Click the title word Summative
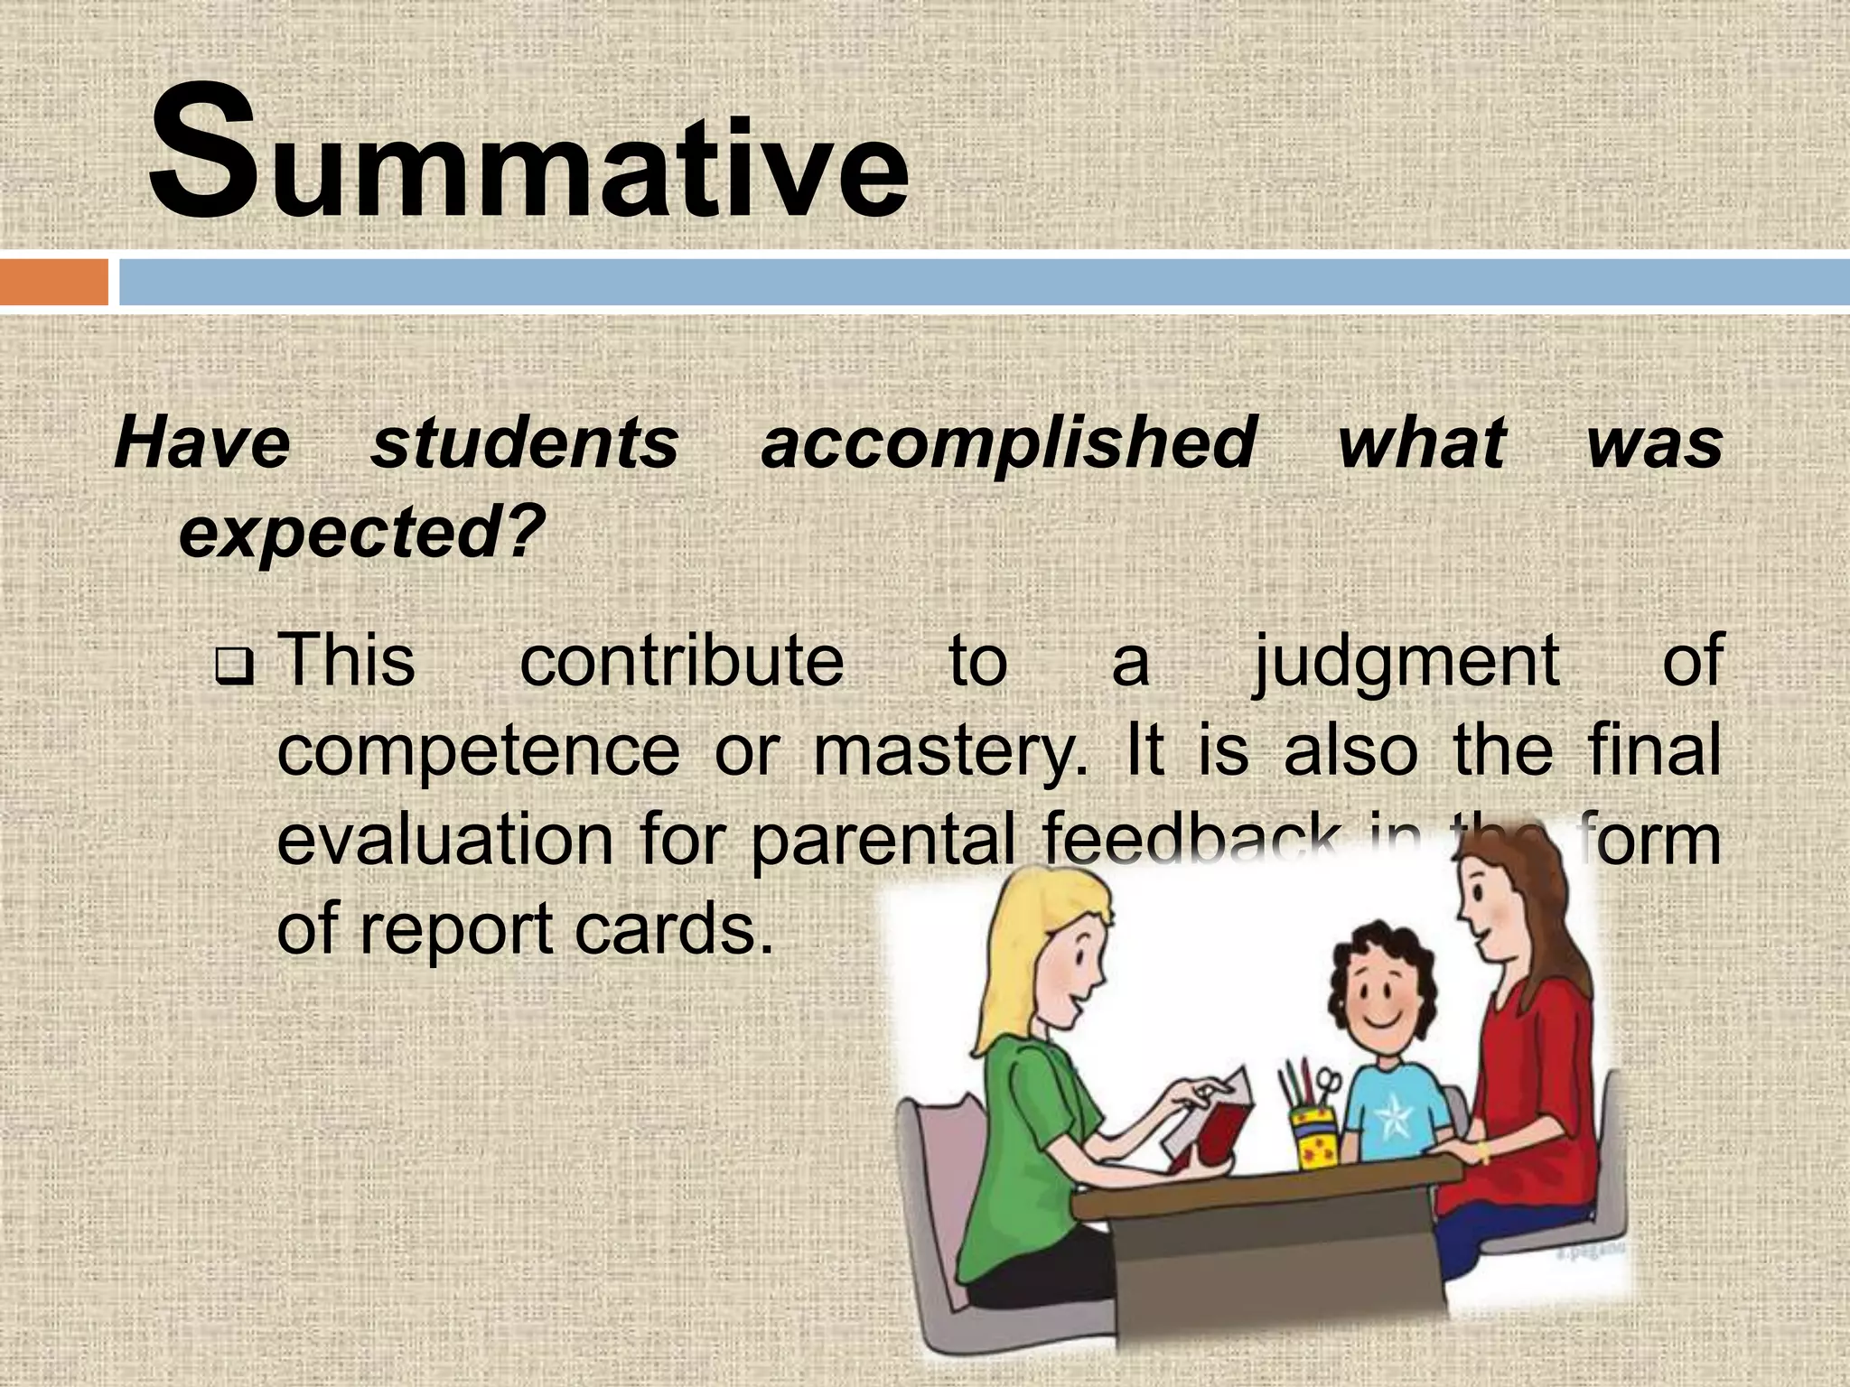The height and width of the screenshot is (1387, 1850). click(x=528, y=154)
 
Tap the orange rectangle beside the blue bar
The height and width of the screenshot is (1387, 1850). click(x=54, y=283)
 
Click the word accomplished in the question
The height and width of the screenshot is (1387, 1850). click(x=1008, y=442)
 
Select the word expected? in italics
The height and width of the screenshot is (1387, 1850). click(x=361, y=533)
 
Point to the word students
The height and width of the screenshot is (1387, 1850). click(x=525, y=442)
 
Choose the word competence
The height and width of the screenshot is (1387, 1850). click(x=478, y=751)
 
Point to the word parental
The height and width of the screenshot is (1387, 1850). click(x=881, y=840)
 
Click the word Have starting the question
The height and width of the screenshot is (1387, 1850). click(x=202, y=442)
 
